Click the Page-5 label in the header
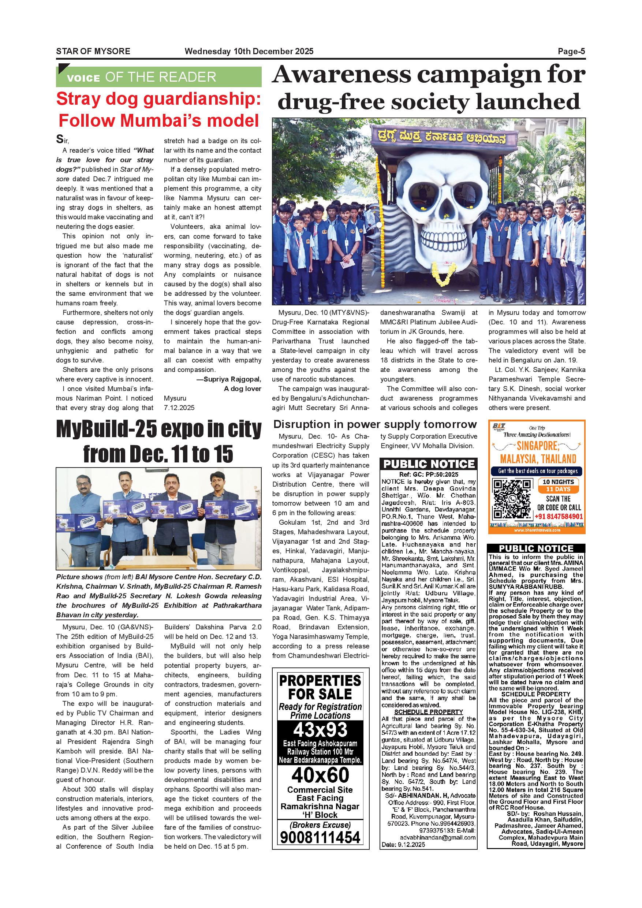(571, 51)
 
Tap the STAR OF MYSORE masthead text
(93, 51)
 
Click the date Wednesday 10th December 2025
(249, 51)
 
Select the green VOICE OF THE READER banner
(158, 77)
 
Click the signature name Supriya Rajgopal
(232, 379)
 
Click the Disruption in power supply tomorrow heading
(375, 424)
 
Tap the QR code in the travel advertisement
(512, 499)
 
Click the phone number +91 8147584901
(559, 517)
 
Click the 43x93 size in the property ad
(320, 730)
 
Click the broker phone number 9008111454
(320, 837)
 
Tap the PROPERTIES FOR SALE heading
(320, 687)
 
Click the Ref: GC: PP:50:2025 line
(429, 475)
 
